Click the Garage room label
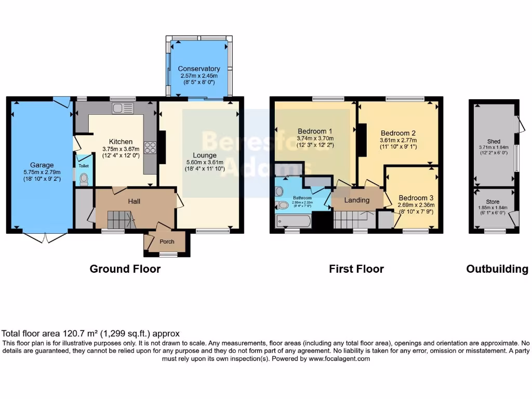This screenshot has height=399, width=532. tap(42, 165)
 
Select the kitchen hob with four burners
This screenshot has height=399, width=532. tap(151, 147)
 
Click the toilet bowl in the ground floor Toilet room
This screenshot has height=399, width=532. tap(84, 178)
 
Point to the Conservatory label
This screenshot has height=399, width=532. tap(198, 69)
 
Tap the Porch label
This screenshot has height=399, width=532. tap(167, 242)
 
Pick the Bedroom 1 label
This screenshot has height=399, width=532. tap(315, 131)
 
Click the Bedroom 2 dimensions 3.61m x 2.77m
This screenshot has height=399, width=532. tap(397, 140)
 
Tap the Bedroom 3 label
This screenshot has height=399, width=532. tap(416, 198)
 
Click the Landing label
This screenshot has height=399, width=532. tap(357, 200)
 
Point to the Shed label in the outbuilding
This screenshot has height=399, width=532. tap(493, 141)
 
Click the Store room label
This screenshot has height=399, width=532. tap(493, 202)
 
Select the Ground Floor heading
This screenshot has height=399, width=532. tap(125, 269)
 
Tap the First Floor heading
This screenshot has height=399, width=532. tap(356, 269)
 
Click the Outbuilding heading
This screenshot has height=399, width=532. tap(497, 269)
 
